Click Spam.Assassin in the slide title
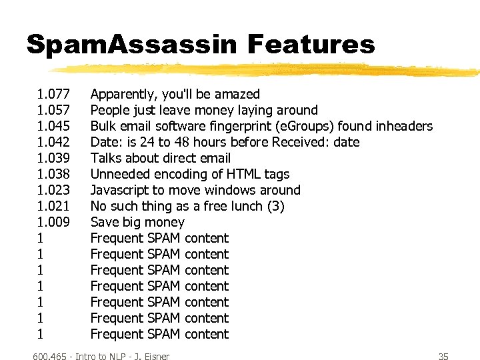(x=131, y=45)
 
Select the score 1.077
(x=54, y=94)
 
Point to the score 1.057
(x=54, y=110)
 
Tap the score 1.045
(x=54, y=126)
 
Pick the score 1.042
(x=54, y=142)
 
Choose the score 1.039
(x=54, y=158)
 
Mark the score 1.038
(x=54, y=174)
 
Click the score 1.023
(x=54, y=190)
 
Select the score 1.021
(x=54, y=206)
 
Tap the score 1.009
(x=54, y=222)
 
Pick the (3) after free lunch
(x=275, y=206)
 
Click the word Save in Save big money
(x=104, y=222)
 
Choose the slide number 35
(x=443, y=357)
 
